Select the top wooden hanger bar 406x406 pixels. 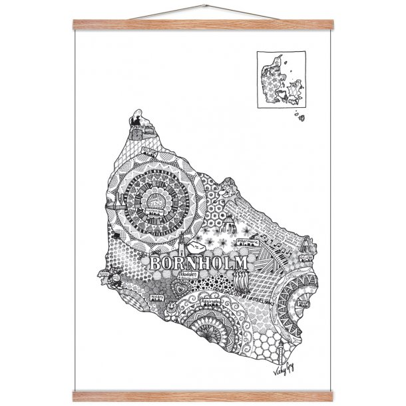pyautogui.click(x=202, y=25)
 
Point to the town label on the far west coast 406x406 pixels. pyautogui.click(x=103, y=273)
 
